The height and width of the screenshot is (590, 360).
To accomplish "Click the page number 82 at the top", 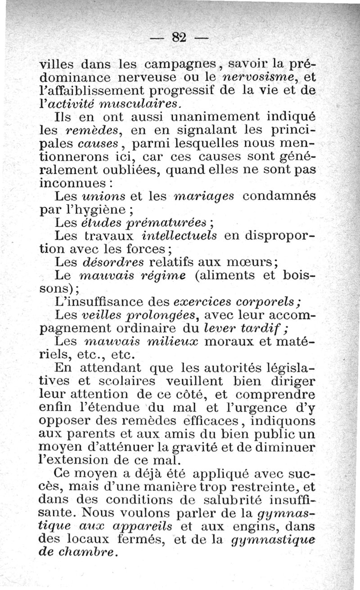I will [x=179, y=37].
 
